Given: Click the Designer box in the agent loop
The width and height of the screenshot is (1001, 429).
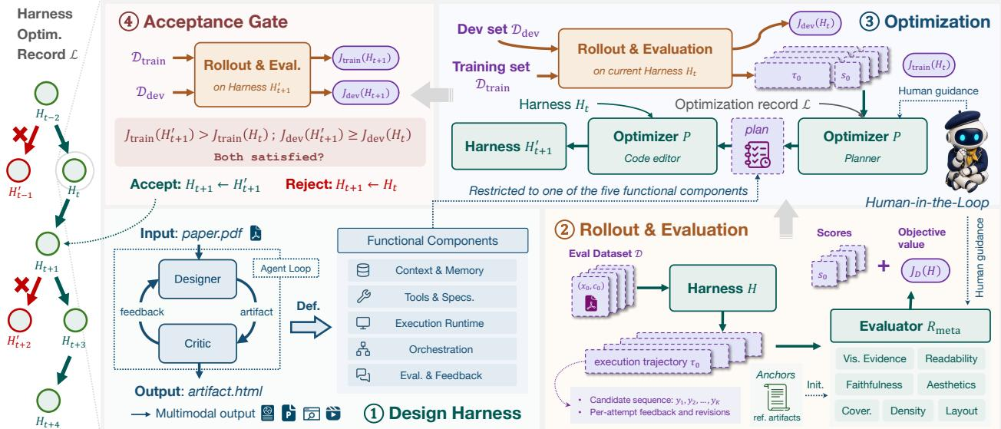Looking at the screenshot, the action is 197,279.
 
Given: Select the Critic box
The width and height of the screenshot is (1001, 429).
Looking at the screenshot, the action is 197,343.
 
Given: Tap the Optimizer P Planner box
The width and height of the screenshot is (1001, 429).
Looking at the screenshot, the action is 862,146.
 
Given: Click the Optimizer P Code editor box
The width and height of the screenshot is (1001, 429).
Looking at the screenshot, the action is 652,146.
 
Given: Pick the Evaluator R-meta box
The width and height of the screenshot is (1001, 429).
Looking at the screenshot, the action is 910,326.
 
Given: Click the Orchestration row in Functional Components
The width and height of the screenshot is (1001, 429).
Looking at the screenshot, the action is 432,349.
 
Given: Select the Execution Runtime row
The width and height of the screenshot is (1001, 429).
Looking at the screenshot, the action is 432,323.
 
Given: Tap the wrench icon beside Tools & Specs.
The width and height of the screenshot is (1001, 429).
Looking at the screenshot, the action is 363,296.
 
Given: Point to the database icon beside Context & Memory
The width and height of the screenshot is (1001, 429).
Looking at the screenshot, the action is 363,270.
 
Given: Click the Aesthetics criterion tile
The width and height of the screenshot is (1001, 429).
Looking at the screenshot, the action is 951,384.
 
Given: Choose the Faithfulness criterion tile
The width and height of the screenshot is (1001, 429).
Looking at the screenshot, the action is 874,384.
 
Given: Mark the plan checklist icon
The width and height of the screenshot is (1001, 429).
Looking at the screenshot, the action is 757,154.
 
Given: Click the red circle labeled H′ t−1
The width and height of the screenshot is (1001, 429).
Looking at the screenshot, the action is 18,170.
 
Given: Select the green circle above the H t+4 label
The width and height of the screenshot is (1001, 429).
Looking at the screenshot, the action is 48,401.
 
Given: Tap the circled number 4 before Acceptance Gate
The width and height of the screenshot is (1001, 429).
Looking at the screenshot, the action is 129,21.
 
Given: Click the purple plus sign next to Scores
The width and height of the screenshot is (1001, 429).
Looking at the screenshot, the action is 883,266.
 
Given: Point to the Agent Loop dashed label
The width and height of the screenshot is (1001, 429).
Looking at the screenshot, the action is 286,268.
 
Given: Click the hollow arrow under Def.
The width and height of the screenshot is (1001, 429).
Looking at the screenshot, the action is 311,327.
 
